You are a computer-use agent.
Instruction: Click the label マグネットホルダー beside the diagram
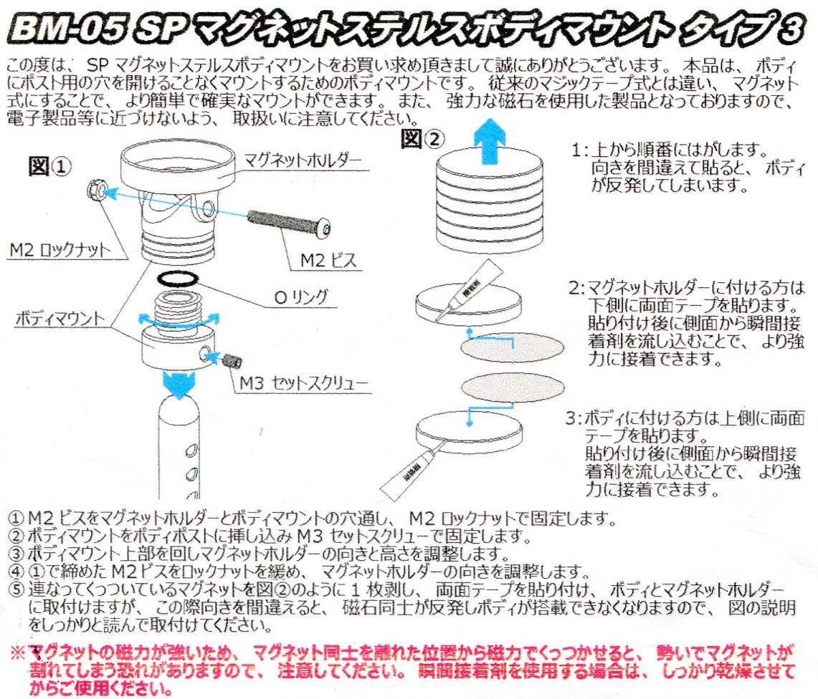point(303,160)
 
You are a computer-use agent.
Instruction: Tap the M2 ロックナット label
point(60,250)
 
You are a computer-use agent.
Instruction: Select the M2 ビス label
point(328,259)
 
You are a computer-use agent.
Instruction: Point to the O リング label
point(301,297)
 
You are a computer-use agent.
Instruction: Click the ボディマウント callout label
point(60,318)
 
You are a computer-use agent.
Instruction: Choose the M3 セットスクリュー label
point(304,383)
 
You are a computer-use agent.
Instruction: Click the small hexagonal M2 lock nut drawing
point(95,188)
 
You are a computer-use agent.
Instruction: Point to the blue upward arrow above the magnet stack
point(490,141)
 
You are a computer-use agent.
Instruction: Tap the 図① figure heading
point(49,168)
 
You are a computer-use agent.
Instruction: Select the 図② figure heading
point(422,139)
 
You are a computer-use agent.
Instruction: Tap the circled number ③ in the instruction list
point(16,554)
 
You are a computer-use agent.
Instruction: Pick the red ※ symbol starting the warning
point(18,652)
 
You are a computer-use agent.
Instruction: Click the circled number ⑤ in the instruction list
point(17,589)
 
